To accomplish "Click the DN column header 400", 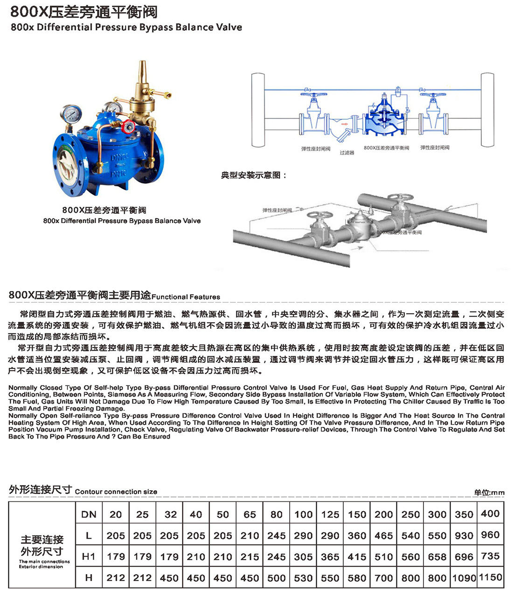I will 490,514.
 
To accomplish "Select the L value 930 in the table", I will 464,535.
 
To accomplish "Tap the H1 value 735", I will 490,556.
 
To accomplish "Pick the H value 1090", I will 464,578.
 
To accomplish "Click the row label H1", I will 89,556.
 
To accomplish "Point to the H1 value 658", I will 437,557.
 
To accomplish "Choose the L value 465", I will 383,535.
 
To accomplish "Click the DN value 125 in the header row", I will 330,515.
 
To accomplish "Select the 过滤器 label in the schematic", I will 347,153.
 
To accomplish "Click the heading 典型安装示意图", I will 253,176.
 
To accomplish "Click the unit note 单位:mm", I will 489,492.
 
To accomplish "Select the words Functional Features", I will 186,297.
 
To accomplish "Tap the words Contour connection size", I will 116,492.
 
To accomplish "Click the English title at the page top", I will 126,27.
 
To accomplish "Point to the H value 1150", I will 490,577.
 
